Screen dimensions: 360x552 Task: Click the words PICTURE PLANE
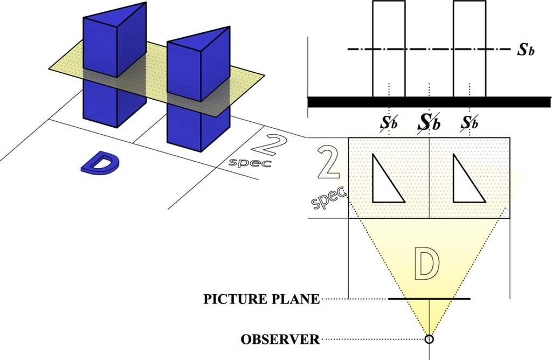pos(261,299)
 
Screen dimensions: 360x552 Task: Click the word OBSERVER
pos(280,340)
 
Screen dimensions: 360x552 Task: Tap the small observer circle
pos(429,339)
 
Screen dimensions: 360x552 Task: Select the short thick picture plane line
pos(429,299)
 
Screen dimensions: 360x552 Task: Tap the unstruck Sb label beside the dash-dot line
pos(526,51)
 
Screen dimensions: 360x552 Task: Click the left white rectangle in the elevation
pos(388,49)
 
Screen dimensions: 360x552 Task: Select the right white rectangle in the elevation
pos(470,49)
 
